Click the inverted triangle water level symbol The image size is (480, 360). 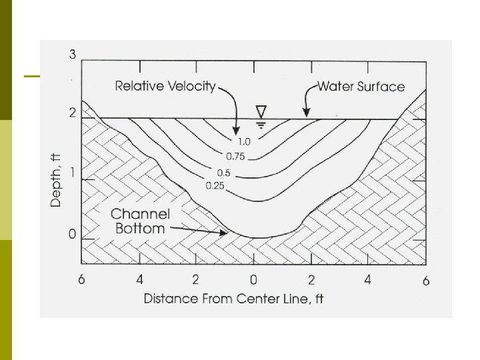(261, 110)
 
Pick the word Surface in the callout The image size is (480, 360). (381, 86)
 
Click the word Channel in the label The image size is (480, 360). (140, 214)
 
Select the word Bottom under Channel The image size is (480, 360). (138, 229)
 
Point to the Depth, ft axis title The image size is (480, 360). (57, 179)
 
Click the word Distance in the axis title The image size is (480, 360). (170, 298)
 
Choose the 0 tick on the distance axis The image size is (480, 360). (253, 279)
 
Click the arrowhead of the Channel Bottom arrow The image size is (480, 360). (225, 233)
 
